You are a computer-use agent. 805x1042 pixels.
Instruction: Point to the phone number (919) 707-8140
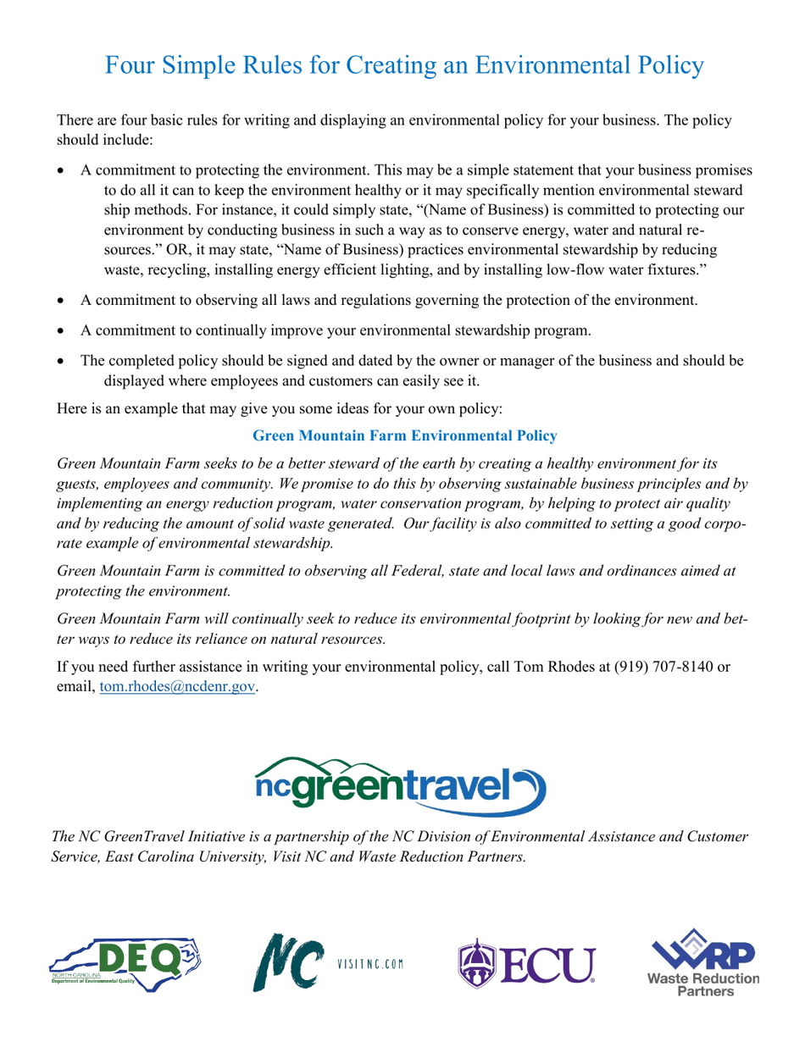point(657,666)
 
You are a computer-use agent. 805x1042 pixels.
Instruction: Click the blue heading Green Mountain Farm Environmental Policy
point(405,436)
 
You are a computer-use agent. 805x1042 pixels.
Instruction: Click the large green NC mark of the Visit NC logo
point(288,962)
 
